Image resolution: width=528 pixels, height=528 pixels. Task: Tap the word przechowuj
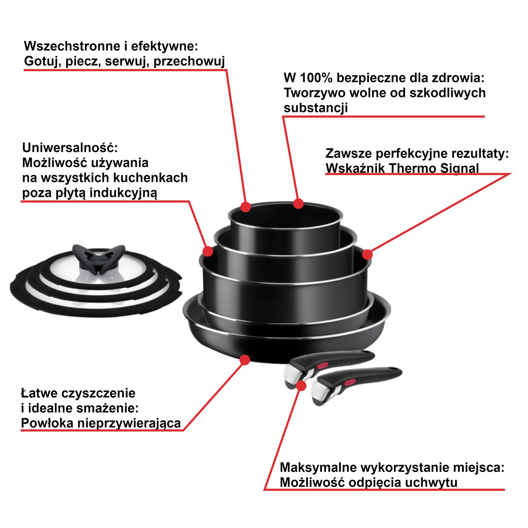(189, 61)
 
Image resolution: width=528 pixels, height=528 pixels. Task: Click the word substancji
(315, 108)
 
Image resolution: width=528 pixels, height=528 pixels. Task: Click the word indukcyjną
(124, 193)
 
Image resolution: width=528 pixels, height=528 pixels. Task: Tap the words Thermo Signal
(433, 168)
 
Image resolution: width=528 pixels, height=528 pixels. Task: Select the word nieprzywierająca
(129, 423)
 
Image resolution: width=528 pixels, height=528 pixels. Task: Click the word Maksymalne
(318, 468)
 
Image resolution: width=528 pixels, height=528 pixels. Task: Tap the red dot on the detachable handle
(301, 386)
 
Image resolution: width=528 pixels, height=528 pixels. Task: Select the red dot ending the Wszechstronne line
(246, 207)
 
